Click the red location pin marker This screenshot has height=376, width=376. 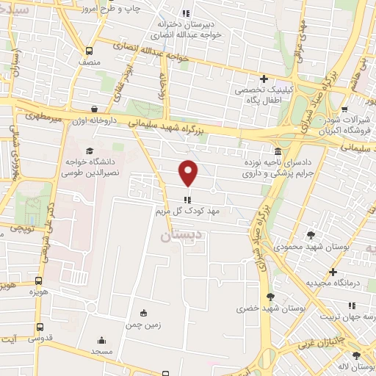(189, 173)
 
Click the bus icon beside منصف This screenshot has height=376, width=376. (89, 51)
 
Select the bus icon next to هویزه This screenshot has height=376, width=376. (38, 281)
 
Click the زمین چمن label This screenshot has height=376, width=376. (142, 323)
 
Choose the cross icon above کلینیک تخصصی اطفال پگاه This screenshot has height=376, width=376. (264, 79)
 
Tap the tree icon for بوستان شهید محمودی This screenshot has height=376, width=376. (312, 235)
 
